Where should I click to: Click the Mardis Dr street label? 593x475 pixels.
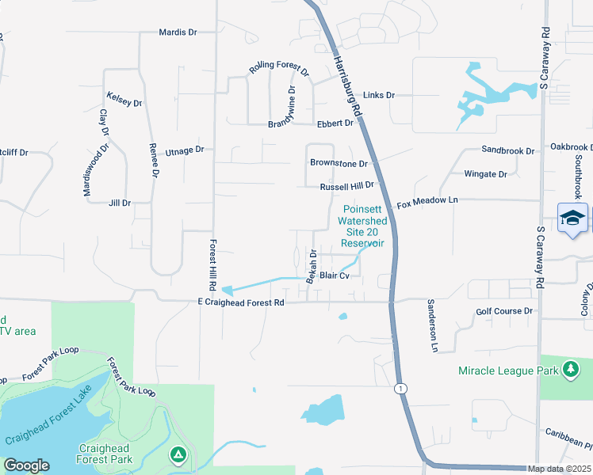pyautogui.click(x=178, y=32)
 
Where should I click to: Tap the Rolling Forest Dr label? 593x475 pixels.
pyautogui.click(x=278, y=70)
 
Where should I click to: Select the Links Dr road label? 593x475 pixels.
pyautogui.click(x=379, y=95)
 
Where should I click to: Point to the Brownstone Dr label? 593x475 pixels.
pyautogui.click(x=339, y=164)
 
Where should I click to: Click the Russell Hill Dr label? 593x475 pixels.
pyautogui.click(x=346, y=188)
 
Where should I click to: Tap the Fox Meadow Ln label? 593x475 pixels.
pyautogui.click(x=428, y=202)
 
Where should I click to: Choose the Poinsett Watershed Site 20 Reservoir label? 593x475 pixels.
pyautogui.click(x=362, y=226)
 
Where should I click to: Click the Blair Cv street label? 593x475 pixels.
pyautogui.click(x=335, y=275)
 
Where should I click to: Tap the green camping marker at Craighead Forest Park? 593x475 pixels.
pyautogui.click(x=178, y=455)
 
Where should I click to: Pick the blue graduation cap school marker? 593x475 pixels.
pyautogui.click(x=572, y=218)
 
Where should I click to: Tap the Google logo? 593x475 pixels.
pyautogui.click(x=26, y=465)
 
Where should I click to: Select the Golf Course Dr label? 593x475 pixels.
pyautogui.click(x=504, y=312)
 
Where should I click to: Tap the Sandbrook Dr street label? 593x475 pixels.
pyautogui.click(x=509, y=149)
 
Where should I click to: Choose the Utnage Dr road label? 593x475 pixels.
pyautogui.click(x=185, y=150)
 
